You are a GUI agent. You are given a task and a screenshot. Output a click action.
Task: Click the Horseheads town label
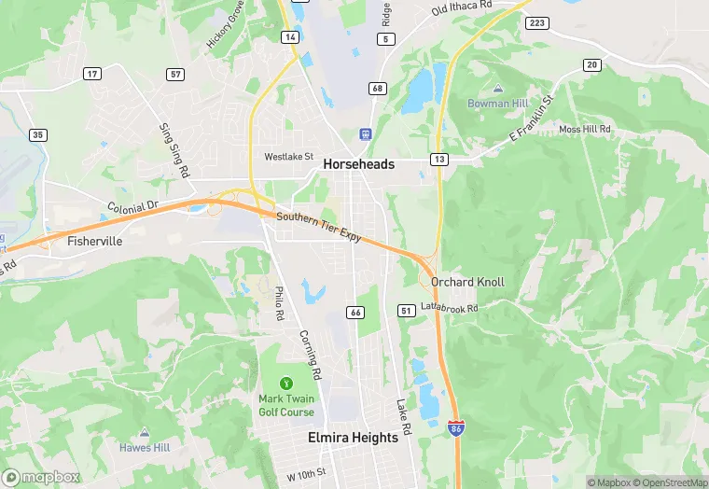[358, 164]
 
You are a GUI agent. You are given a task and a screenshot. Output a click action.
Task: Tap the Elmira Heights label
[354, 437]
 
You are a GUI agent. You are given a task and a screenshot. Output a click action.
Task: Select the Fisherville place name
[95, 241]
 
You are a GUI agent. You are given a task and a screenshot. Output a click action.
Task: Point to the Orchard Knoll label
[467, 282]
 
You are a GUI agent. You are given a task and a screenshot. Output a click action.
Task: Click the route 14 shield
[292, 37]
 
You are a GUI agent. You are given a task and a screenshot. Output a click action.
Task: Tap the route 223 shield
[536, 22]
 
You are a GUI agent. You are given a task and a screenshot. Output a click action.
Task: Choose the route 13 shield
[438, 160]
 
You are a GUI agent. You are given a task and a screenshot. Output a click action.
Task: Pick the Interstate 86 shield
[455, 428]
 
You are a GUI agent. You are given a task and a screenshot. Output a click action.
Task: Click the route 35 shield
[37, 135]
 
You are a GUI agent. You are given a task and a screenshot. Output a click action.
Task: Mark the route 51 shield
[406, 310]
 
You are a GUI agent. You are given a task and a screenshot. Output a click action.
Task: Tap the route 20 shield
[591, 64]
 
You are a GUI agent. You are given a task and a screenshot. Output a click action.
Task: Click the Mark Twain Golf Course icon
[286, 383]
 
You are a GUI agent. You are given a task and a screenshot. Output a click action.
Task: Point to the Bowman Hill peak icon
[498, 88]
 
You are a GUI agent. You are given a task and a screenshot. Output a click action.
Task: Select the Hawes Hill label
[145, 447]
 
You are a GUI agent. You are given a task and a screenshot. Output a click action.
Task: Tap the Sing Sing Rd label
[174, 150]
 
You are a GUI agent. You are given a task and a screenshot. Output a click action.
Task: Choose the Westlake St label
[288, 157]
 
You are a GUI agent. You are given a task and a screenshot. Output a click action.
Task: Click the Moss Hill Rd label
[584, 129]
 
